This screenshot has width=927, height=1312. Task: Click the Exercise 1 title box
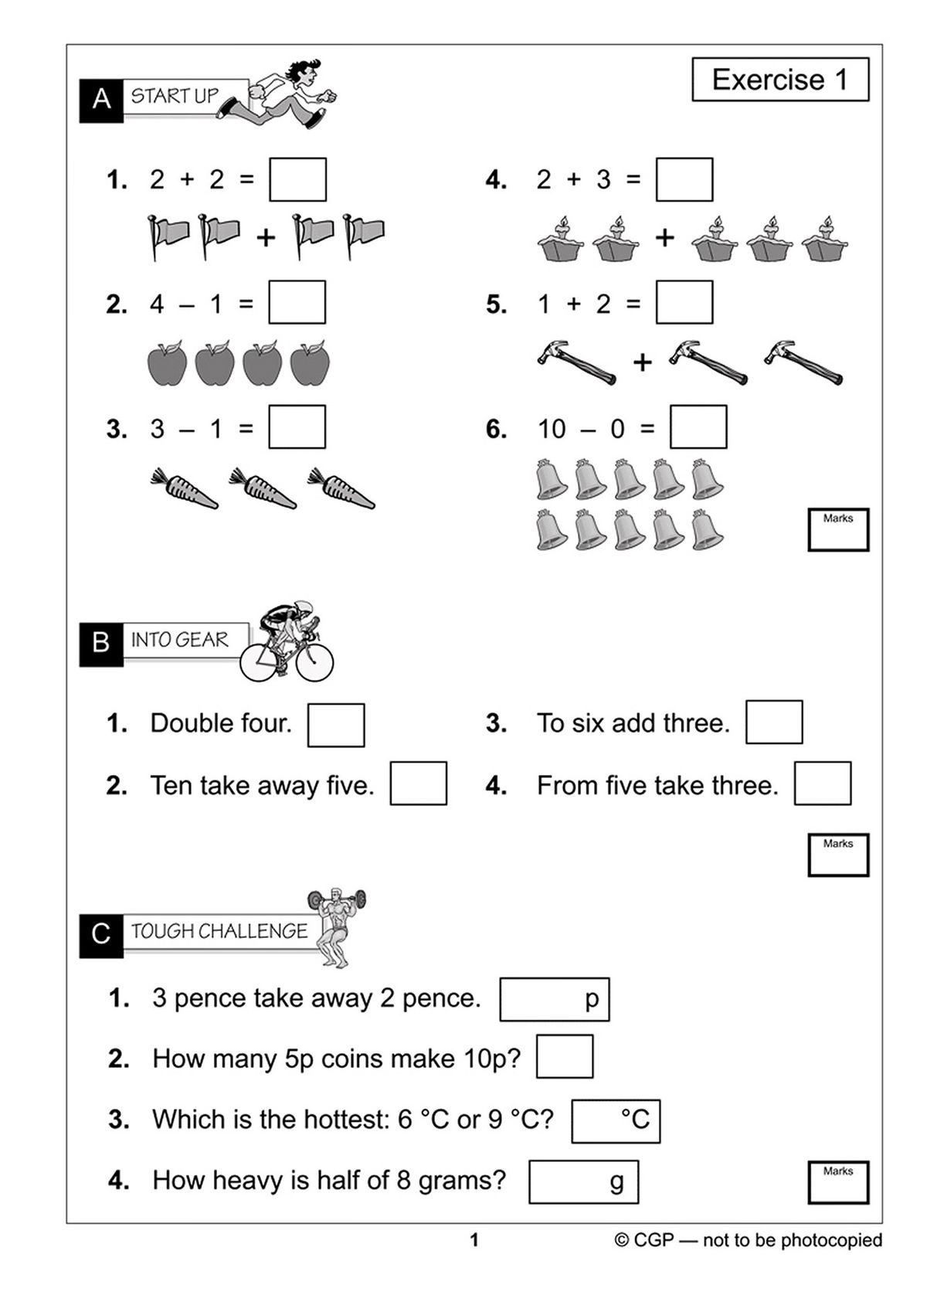coord(779,80)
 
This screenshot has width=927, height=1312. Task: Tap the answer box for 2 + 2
coord(297,179)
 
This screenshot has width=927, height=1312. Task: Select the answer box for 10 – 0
coord(698,427)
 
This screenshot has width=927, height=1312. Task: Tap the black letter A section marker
coord(101,100)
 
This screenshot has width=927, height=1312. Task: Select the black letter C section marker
coord(101,934)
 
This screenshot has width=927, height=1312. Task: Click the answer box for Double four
coord(335,725)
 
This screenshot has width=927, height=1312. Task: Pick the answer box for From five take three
coord(822,783)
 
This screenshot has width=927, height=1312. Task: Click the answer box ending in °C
coord(615,1120)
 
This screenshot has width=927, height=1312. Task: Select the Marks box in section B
coord(837,855)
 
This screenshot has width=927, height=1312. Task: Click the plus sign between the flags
coord(266,237)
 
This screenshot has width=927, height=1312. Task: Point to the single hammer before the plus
coord(576,362)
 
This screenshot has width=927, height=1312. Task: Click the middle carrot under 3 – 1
coord(263,488)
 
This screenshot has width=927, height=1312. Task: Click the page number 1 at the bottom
coord(474,1241)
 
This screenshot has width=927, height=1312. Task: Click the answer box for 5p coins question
coord(564,1056)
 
